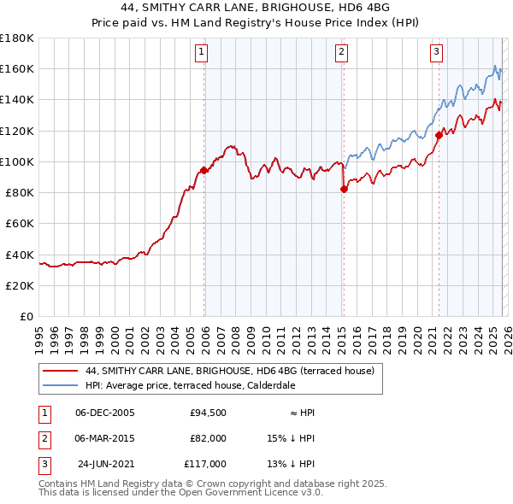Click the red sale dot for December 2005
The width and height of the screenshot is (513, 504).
click(x=204, y=170)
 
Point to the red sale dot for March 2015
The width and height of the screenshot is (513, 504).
click(x=344, y=190)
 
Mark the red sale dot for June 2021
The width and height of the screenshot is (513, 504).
click(x=439, y=135)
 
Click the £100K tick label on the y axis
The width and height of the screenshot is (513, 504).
click(x=17, y=161)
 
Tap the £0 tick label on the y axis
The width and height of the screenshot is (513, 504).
click(x=25, y=316)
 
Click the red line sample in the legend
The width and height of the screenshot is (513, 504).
click(x=61, y=371)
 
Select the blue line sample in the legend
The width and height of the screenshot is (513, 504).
click(x=61, y=385)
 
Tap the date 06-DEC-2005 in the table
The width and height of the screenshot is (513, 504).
click(x=105, y=413)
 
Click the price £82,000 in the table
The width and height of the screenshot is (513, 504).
click(x=208, y=438)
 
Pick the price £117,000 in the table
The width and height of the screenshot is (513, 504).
click(x=205, y=464)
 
